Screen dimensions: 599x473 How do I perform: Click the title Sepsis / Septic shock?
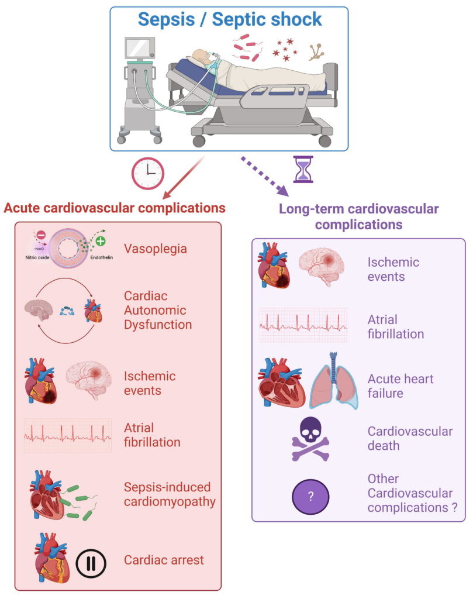point(229,19)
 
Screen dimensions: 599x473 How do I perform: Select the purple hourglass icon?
point(303,169)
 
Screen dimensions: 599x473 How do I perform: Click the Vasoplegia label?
point(155,249)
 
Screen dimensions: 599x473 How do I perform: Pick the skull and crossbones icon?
point(310,439)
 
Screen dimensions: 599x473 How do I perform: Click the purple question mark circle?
point(310,496)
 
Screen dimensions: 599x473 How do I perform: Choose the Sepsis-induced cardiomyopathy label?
point(170,494)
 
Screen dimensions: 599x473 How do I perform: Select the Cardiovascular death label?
point(410,439)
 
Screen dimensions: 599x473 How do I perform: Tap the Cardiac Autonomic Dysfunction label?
point(158,310)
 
